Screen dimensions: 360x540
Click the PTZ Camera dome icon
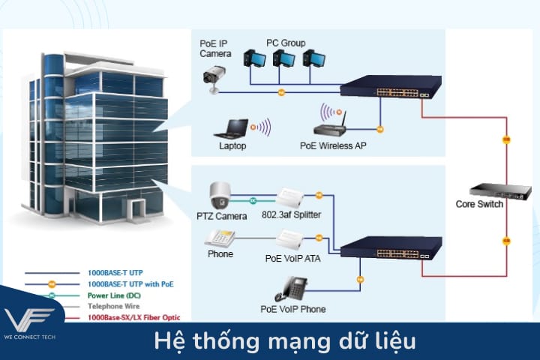(x=220, y=196)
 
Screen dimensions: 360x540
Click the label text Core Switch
(x=480, y=205)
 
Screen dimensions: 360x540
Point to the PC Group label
(x=286, y=43)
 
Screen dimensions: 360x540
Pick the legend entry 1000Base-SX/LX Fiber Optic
(x=134, y=317)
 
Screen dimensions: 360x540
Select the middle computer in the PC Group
(x=283, y=59)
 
